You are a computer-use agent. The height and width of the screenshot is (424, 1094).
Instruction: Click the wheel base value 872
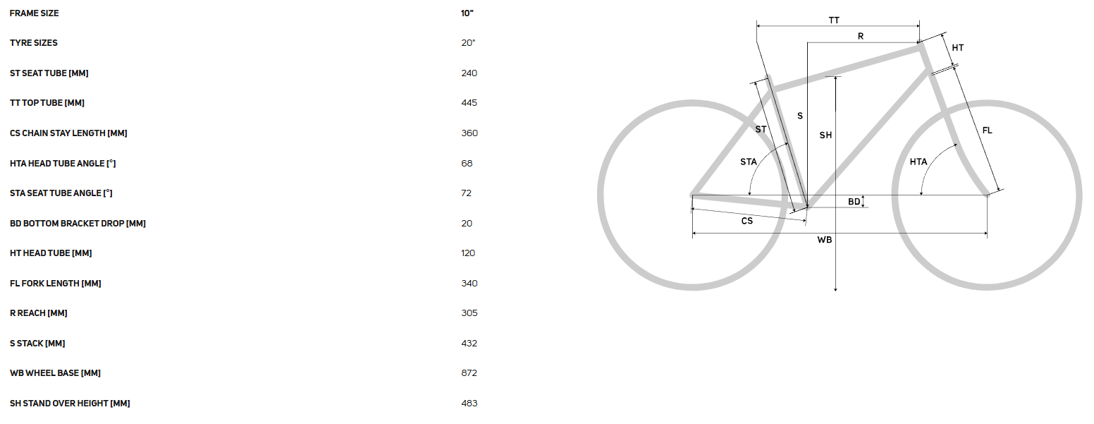(x=469, y=373)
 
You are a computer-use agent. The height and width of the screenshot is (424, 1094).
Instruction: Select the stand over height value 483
(x=469, y=404)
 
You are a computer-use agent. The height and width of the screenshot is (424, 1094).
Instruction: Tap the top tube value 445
(x=469, y=103)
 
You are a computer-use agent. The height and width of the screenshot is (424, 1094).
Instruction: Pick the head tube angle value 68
(x=467, y=164)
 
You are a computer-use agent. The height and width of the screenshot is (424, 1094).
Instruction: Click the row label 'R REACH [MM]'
(x=39, y=313)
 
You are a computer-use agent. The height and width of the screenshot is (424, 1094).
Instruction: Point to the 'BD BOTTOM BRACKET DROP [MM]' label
(x=78, y=224)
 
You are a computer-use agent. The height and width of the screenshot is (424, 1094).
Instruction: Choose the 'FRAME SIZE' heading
(x=34, y=13)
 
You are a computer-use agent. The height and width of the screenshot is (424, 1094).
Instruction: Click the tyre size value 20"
(x=468, y=42)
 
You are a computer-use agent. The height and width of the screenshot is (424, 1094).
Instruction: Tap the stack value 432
(x=469, y=344)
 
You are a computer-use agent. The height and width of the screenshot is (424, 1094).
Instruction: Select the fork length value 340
(x=469, y=283)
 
